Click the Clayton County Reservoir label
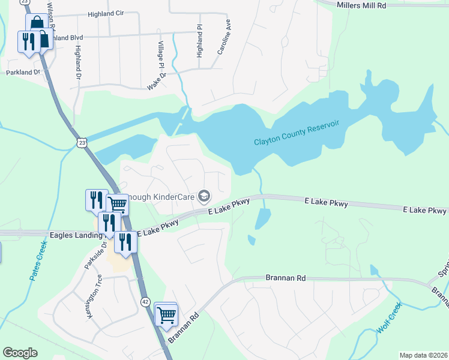click(297, 135)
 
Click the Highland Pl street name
click(200, 41)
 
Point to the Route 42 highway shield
click(145, 301)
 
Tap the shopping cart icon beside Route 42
click(166, 313)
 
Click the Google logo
click(20, 353)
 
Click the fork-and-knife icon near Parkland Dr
click(28, 41)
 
